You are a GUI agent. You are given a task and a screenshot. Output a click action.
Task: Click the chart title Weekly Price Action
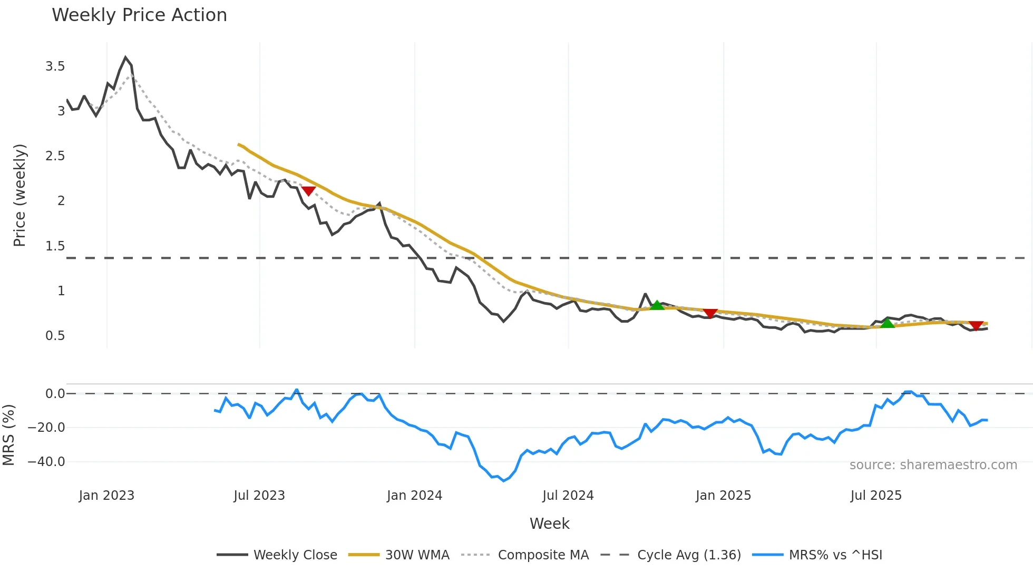point(139,15)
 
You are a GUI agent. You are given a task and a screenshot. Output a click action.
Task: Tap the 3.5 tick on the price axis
point(55,66)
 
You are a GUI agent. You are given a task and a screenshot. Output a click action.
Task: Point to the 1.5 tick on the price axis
point(55,246)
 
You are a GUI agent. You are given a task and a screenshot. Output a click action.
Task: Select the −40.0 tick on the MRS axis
point(46,462)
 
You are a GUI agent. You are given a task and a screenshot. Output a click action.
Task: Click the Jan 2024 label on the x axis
point(414,496)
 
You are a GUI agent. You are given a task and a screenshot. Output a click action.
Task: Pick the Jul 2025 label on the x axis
point(876,496)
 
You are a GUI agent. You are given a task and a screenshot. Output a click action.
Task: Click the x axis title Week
point(549,524)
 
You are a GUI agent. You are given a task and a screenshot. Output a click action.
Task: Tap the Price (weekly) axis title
point(20,195)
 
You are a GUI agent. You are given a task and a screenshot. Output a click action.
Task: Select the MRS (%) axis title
point(8,435)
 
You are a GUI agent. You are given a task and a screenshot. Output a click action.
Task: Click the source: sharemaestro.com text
point(933,465)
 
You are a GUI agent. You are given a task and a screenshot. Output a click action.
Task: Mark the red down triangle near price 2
point(308,191)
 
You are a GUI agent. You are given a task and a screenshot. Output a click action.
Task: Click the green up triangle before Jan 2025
point(657,305)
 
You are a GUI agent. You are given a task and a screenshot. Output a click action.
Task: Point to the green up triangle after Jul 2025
point(888,323)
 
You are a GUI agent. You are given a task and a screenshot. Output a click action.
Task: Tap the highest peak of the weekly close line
point(125,57)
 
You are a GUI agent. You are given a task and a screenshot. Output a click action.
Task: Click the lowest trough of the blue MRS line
point(503,481)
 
